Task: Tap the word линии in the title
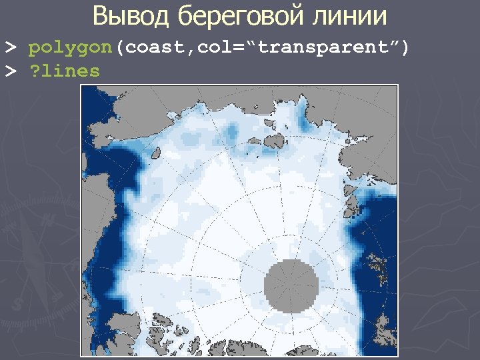351,15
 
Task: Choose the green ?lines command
64,71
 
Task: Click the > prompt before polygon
11,48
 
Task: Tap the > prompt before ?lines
11,71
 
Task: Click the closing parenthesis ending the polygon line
404,48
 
